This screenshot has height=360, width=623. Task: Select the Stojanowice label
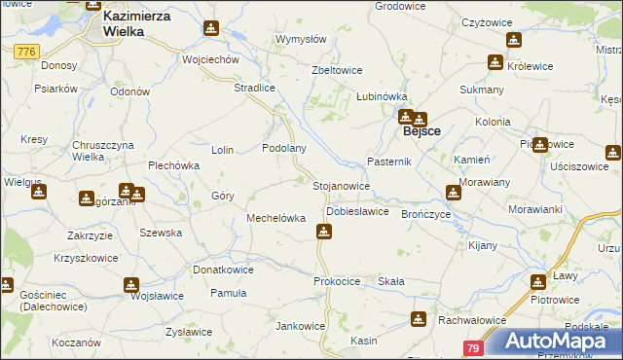341,185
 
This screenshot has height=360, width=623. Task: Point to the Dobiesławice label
358,211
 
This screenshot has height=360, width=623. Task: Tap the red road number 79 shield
473,348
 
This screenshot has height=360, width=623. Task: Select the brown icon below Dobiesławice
324,232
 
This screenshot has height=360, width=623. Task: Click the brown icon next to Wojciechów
211,30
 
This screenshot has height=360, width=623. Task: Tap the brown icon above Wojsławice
131,284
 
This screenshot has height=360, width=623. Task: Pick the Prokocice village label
337,281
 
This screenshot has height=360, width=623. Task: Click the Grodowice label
401,6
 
